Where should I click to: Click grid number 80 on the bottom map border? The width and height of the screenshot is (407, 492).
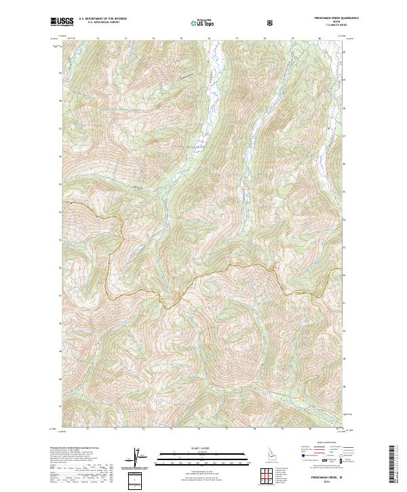[310, 429]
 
